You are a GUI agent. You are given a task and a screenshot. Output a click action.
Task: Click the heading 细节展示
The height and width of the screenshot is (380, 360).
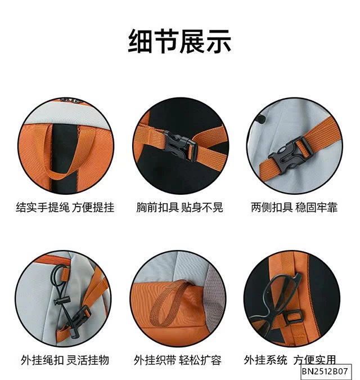pyautogui.click(x=179, y=41)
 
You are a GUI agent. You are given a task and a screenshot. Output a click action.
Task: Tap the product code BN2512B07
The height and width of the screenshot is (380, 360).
pyautogui.click(x=325, y=372)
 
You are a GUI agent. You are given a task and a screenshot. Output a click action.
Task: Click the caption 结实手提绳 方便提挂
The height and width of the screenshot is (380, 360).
pyautogui.click(x=65, y=207)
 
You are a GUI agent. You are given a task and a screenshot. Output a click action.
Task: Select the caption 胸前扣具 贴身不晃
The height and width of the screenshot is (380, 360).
pyautogui.click(x=179, y=207)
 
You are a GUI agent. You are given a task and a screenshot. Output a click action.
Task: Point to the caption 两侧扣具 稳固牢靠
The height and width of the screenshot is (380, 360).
pyautogui.click(x=294, y=207)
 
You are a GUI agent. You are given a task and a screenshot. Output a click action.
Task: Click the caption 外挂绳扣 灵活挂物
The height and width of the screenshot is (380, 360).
pyautogui.click(x=65, y=360)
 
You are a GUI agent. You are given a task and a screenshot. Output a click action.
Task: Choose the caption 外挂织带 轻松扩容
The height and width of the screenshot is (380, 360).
pyautogui.click(x=178, y=360)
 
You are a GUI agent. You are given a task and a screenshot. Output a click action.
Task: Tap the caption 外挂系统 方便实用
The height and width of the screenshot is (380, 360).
pyautogui.click(x=290, y=360)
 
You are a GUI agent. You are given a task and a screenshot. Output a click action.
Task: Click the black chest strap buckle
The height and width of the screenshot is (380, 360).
pyautogui.click(x=179, y=145)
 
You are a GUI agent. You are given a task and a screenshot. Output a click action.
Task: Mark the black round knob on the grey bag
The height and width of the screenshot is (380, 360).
pyautogui.click(x=260, y=119)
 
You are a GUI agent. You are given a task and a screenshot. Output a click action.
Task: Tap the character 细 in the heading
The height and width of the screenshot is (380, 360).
pyautogui.click(x=140, y=41)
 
